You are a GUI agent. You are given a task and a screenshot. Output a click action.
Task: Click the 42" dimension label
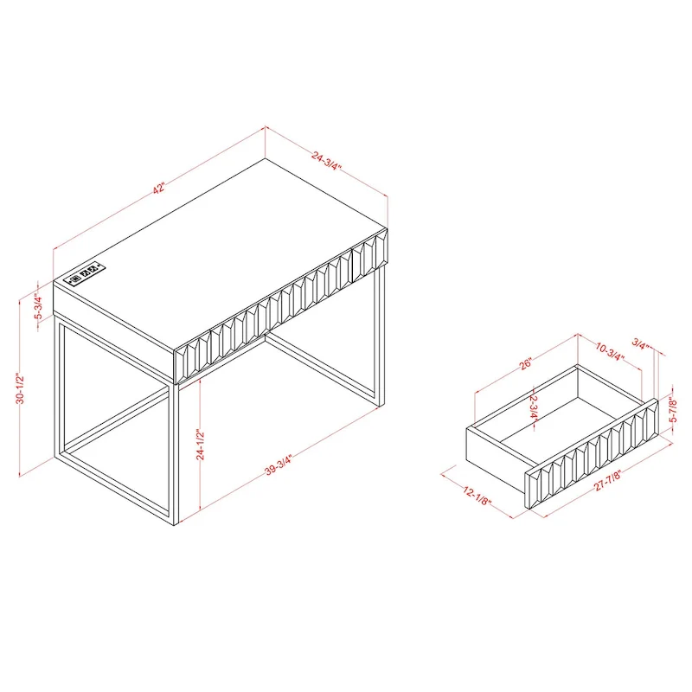tap(158, 189)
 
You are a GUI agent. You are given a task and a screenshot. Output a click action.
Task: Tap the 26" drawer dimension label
tap(527, 364)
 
